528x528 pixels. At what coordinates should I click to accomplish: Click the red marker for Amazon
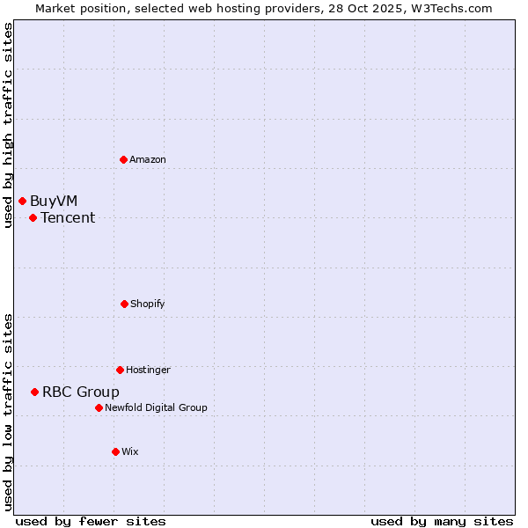(x=123, y=159)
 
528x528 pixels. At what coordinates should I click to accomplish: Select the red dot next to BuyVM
(x=22, y=201)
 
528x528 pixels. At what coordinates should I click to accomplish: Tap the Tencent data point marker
(x=33, y=217)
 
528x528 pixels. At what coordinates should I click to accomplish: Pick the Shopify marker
(x=124, y=304)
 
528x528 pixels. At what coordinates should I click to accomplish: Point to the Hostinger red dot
(x=120, y=370)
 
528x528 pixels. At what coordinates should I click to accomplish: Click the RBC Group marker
(x=34, y=392)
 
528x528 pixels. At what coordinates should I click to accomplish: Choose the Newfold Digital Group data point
(x=99, y=407)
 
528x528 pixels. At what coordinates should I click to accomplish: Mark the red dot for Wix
(x=115, y=451)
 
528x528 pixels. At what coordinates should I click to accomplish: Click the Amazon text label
(x=148, y=159)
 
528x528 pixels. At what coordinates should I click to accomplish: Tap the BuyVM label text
(x=54, y=201)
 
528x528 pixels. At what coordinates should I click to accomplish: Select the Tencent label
(x=68, y=217)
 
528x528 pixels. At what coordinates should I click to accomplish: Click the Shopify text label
(x=148, y=304)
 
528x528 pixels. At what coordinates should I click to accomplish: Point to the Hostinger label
(x=148, y=370)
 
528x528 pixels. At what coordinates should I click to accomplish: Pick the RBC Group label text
(x=81, y=392)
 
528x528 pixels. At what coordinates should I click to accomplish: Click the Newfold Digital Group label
(x=156, y=407)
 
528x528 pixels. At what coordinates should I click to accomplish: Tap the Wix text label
(x=130, y=451)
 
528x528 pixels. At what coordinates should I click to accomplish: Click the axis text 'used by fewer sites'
(x=91, y=521)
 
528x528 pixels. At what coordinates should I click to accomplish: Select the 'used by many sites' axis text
(x=442, y=521)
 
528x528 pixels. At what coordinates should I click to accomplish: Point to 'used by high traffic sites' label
(x=8, y=125)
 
